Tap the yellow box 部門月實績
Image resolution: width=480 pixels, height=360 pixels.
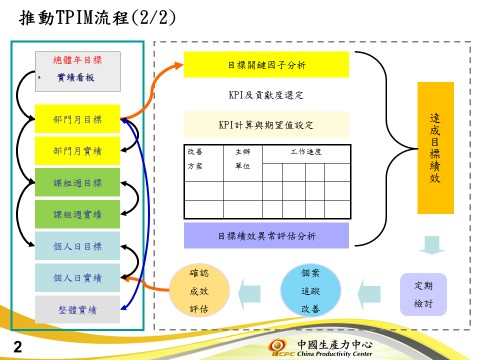pos(77,150)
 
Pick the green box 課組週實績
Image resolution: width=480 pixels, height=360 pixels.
pos(77,214)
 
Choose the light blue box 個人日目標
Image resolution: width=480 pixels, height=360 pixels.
pos(77,246)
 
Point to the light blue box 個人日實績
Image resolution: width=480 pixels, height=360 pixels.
pos(77,277)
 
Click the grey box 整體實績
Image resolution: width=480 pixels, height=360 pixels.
pos(77,309)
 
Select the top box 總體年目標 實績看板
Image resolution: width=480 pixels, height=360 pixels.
pos(77,68)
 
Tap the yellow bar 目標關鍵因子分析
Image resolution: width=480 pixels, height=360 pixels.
pos(267,66)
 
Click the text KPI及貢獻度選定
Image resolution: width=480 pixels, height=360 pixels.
pos(267,96)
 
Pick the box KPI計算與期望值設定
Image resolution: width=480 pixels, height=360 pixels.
pos(267,125)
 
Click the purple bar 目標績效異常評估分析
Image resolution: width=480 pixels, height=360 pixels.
pos(267,236)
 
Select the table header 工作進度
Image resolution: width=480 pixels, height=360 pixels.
pos(305,150)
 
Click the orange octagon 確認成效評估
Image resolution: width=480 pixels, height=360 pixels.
pos(198,291)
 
